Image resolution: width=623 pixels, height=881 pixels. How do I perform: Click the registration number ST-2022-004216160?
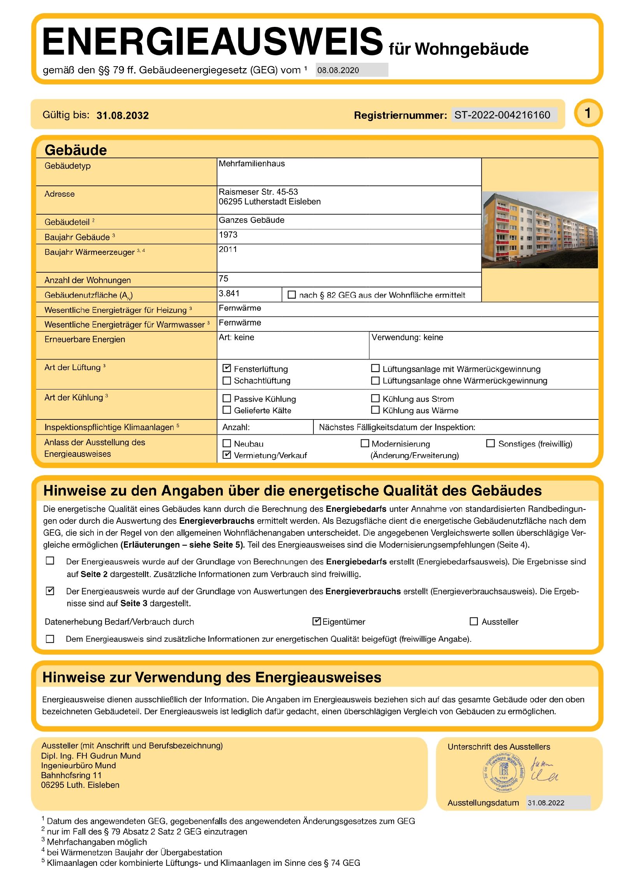point(502,115)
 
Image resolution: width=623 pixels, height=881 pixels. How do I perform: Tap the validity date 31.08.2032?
point(122,115)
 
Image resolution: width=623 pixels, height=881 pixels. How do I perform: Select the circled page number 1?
point(588,113)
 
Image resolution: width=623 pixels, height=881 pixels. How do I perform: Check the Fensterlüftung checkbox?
point(227,368)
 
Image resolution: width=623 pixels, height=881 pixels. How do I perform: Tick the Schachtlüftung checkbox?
point(227,380)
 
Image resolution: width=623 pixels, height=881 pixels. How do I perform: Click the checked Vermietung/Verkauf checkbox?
point(227,455)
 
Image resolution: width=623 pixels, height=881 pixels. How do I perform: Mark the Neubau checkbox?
point(227,443)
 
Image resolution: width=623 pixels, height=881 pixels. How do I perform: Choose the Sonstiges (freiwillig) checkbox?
point(490,443)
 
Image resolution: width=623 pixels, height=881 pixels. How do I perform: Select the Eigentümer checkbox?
point(317,621)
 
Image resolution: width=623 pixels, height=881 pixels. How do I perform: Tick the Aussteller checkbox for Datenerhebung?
point(473,621)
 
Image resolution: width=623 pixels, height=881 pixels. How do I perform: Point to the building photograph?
point(539,230)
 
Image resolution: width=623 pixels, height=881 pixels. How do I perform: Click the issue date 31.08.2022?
point(546,803)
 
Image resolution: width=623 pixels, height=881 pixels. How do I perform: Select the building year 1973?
point(228,235)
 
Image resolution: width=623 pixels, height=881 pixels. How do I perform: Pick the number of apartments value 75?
point(224,279)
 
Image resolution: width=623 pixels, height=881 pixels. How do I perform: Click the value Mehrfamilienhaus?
point(252,164)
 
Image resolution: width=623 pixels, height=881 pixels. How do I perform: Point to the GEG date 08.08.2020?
point(338,70)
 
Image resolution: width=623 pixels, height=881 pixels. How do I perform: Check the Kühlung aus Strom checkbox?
point(375,398)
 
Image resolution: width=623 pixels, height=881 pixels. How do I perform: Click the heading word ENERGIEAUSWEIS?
point(212,41)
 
